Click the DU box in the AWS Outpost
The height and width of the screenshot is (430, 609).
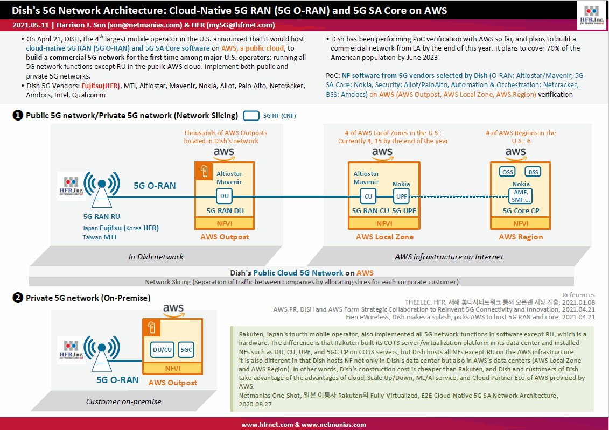(224, 196)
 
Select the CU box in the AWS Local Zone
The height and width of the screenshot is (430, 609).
(368, 196)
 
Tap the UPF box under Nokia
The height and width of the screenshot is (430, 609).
(401, 196)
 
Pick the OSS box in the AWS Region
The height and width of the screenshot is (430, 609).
(508, 172)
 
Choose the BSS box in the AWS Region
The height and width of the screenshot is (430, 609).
(533, 172)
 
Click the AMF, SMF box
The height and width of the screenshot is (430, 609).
(521, 196)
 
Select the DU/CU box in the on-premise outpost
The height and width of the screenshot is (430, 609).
(163, 350)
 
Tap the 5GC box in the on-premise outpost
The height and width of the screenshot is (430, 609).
(186, 350)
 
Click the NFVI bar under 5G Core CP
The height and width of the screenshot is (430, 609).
(521, 223)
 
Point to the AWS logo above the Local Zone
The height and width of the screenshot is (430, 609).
(382, 154)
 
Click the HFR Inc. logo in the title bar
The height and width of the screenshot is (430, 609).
(592, 15)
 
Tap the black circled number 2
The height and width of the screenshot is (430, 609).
(18, 298)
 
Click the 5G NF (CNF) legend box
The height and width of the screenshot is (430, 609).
(251, 116)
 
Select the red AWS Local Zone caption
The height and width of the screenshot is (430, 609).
(384, 237)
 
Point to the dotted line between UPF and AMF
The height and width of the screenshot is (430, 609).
(459, 196)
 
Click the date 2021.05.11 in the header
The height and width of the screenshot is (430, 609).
(31, 25)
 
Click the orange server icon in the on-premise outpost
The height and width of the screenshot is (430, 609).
(151, 328)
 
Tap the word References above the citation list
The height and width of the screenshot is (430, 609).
(578, 295)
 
